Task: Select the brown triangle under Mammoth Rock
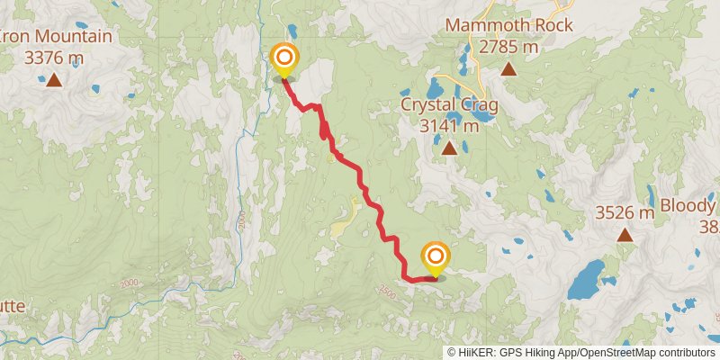point(508,68)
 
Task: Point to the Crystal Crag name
point(448,106)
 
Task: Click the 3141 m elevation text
point(448,125)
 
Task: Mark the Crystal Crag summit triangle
point(448,148)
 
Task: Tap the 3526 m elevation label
point(625,213)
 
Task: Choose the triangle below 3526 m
point(625,236)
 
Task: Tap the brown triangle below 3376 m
point(54,81)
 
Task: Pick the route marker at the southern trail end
point(435,259)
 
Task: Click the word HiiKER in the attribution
point(481,353)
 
